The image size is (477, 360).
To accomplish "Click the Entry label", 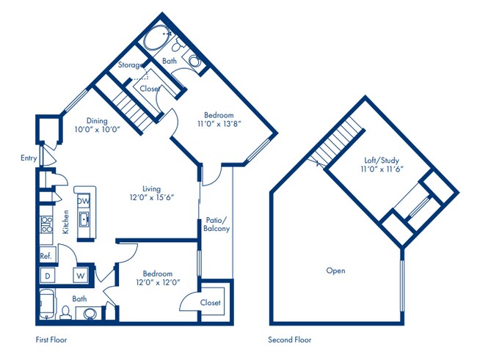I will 29,158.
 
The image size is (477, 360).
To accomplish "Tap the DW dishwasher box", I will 83,200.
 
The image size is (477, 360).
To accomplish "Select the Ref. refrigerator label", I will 45,256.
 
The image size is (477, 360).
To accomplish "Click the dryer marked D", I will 47,276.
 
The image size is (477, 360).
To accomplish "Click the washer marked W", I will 79,276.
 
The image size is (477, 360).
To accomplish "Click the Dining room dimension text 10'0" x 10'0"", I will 97,130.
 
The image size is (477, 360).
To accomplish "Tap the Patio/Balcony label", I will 216,224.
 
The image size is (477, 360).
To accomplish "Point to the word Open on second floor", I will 335,271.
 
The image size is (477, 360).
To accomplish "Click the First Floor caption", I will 55,340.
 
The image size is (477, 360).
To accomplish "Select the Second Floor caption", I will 290,340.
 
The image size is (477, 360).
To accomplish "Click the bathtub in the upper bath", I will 156,37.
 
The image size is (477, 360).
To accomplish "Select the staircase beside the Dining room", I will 134,106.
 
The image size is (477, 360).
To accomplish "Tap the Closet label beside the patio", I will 210,302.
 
